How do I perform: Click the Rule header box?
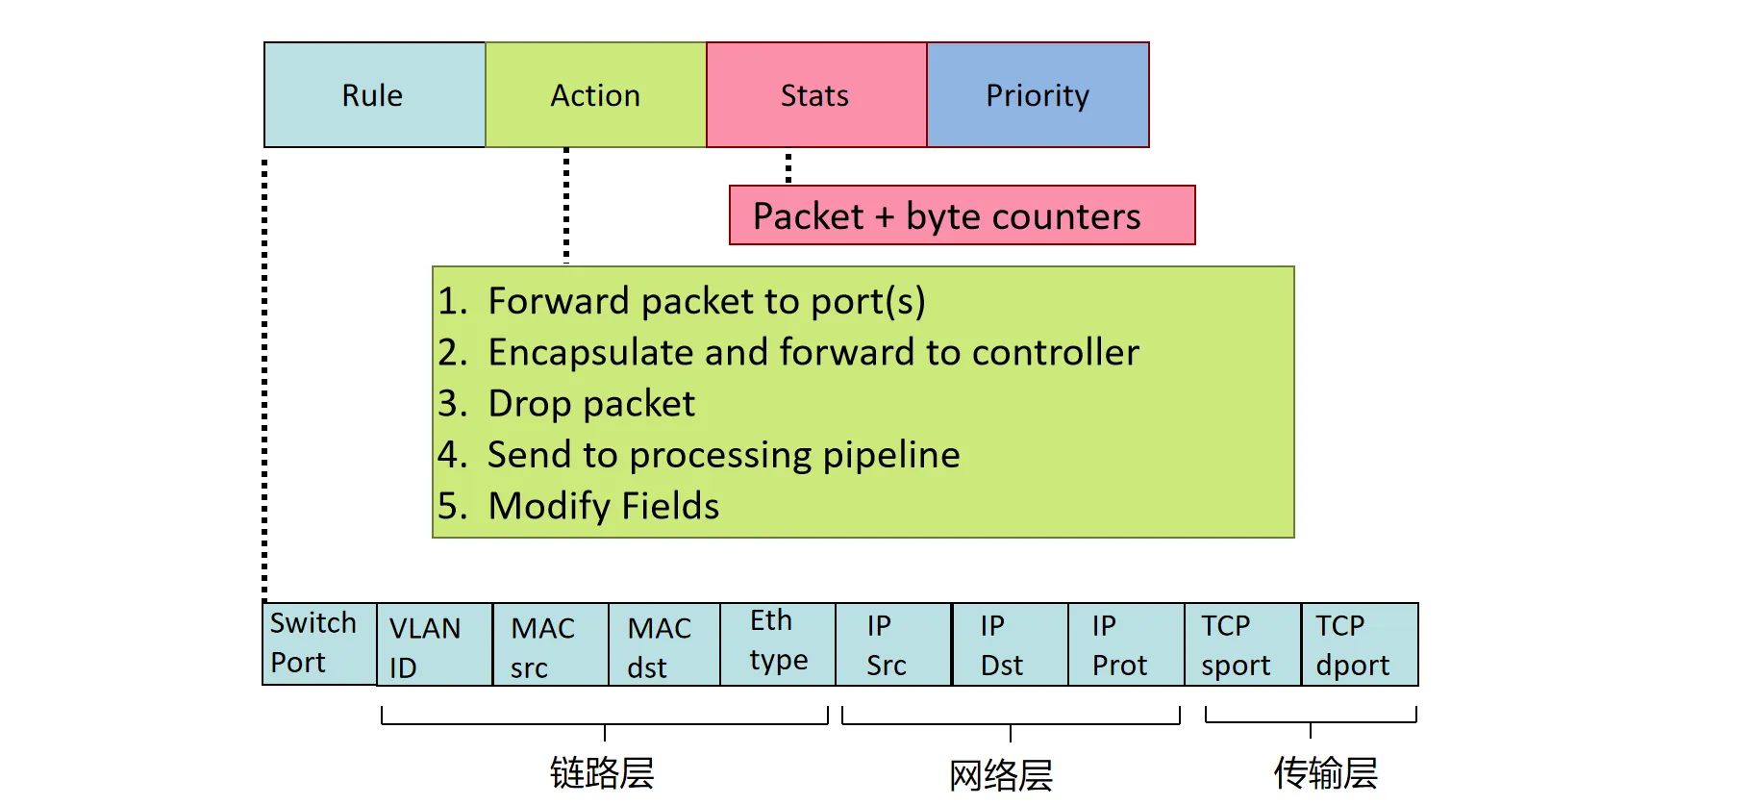pos(374,95)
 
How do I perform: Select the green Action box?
pos(595,95)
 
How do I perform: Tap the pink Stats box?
pos(815,95)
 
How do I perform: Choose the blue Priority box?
pos(1038,95)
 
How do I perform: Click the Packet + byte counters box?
pos(961,215)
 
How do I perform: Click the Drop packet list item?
pos(590,404)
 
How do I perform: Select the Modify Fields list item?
pos(603,506)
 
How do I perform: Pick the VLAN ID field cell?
pos(434,645)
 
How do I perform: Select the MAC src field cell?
pos(549,645)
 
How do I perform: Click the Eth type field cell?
pos(777,643)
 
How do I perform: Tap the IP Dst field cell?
pos(1010,644)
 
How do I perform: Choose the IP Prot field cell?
pos(1125,644)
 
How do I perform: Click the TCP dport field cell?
pos(1359,644)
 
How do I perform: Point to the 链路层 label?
pos(602,772)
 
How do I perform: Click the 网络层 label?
pos(1001,774)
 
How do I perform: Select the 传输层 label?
pos(1325,772)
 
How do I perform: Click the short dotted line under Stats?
pos(788,166)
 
